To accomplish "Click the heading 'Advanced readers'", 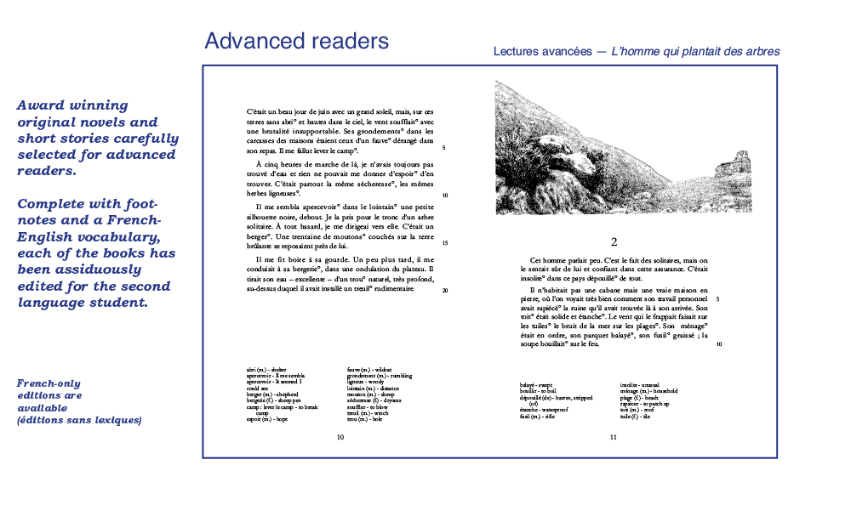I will tap(296, 41).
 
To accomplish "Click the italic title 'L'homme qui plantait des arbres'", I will tap(695, 52).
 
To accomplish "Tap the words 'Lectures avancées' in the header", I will tap(542, 52).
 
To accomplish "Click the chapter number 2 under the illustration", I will tap(614, 241).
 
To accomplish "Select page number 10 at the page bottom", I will tap(340, 437).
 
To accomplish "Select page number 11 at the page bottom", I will tap(613, 437).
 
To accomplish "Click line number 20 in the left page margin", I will tap(445, 290).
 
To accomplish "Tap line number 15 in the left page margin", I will tap(445, 243).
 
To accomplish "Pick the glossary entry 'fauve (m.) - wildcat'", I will tap(368, 370).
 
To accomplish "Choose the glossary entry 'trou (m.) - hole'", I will tap(365, 419).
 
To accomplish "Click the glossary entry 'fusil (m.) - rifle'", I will tap(537, 416).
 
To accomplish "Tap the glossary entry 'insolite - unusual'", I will tap(642, 385).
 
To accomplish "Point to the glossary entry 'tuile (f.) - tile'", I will tap(636, 416).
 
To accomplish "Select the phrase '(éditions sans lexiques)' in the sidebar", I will tap(79, 420).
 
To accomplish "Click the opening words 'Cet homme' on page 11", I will tap(547, 260).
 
